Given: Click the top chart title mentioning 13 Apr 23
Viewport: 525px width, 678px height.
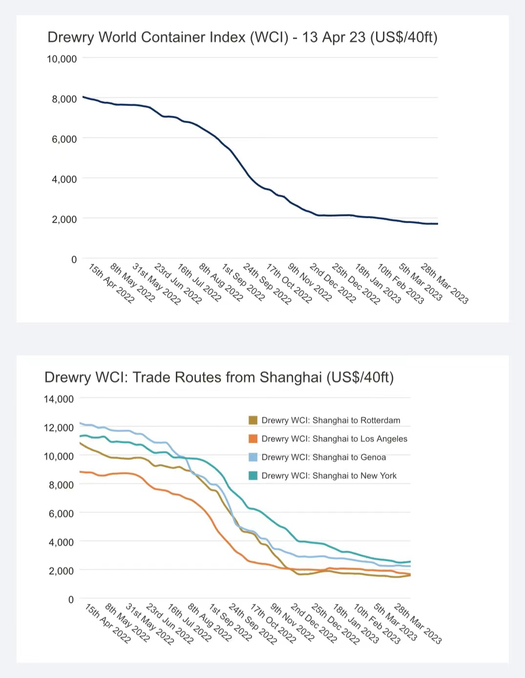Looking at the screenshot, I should pos(242,38).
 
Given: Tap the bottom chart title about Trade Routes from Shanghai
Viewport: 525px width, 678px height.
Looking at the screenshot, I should pos(219,377).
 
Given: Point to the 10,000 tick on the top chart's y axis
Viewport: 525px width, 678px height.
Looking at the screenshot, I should pos(62,59).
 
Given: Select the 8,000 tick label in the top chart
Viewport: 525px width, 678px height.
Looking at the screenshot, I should pos(64,99).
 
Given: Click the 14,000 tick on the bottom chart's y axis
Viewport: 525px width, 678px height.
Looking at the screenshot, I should pos(59,399).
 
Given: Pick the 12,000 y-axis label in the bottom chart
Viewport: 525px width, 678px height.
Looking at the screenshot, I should pos(59,428).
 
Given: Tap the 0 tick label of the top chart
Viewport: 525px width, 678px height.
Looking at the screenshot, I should pos(74,260).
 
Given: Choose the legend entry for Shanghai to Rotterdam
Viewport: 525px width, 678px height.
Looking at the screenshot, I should pos(331,420).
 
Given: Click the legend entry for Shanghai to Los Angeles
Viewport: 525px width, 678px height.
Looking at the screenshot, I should pos(334,439).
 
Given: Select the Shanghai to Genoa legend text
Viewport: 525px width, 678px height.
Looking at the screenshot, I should pos(323,457).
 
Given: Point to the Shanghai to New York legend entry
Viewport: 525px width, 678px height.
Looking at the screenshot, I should pos(329,476).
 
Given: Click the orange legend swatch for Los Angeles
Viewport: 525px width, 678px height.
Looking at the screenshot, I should pos(253,439).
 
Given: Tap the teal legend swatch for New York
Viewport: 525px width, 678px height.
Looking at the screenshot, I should pos(253,476).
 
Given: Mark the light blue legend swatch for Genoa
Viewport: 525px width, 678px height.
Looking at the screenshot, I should pos(253,457).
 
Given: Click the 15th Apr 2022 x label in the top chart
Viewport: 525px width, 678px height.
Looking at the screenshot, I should pos(111,283).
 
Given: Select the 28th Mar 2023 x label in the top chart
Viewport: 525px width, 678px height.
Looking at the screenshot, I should pos(444,283).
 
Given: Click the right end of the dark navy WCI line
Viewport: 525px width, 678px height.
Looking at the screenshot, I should pos(437,224).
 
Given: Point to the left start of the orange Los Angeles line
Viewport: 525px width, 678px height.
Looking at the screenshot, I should pos(81,472).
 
